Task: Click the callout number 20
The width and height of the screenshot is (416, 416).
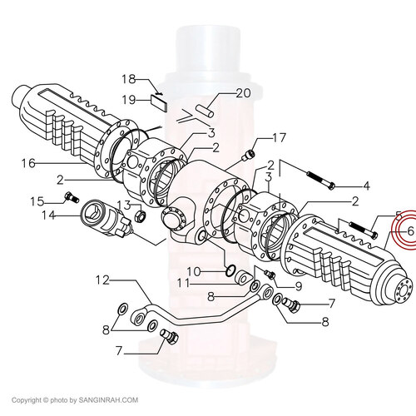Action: tap(243, 93)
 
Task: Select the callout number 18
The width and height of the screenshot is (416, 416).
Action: tap(129, 79)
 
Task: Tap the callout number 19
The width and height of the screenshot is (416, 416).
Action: tap(129, 100)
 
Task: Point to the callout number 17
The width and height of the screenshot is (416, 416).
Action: tap(279, 138)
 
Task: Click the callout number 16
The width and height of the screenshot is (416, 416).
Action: tap(28, 163)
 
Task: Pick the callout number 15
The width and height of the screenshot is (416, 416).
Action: tap(37, 201)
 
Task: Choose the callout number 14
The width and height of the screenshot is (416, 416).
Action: tap(48, 215)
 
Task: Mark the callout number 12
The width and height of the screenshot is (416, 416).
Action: tap(102, 280)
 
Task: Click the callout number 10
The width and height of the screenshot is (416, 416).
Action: tap(193, 271)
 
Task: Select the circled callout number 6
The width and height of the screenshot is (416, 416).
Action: tap(411, 230)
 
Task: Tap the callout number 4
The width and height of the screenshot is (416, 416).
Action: tap(366, 186)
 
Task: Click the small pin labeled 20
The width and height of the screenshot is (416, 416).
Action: tap(205, 111)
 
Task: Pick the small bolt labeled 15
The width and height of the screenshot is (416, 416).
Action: tap(72, 197)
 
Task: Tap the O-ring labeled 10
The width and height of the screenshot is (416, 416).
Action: tap(230, 271)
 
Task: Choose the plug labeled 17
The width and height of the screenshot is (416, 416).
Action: tap(249, 155)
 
